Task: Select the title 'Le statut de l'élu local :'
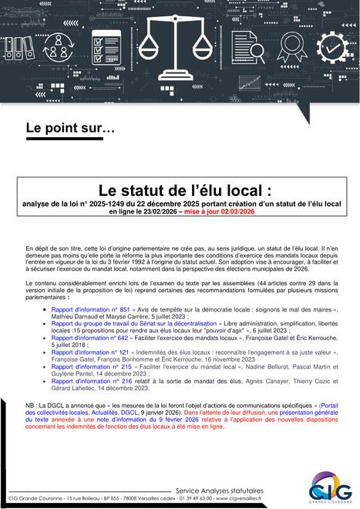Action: pos(180,190)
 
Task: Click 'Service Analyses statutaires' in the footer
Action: pos(220,489)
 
